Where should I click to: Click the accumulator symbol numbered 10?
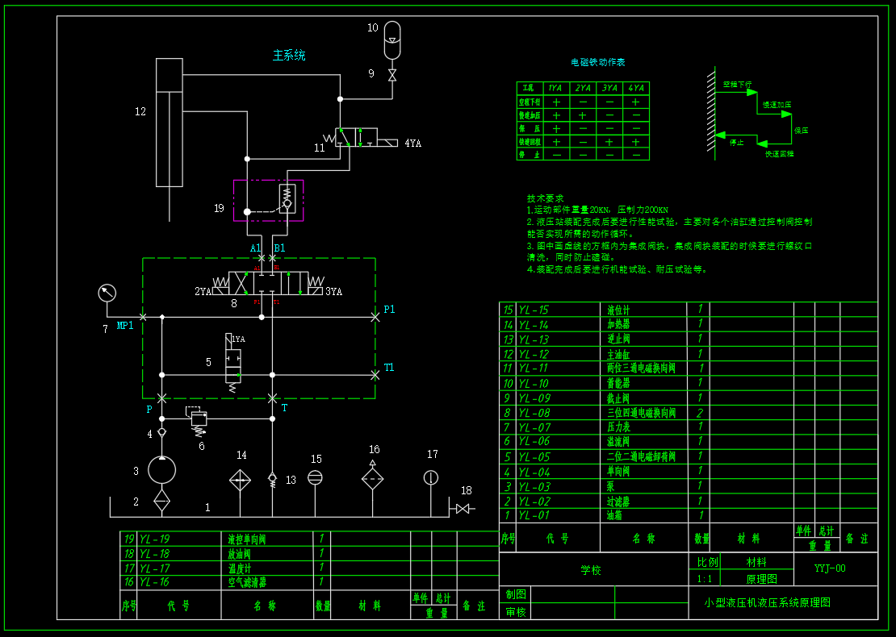click(x=392, y=40)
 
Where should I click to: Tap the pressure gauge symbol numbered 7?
click(x=106, y=293)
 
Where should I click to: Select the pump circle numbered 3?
click(x=161, y=469)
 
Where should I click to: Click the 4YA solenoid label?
click(x=413, y=144)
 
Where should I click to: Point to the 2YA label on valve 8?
click(x=203, y=291)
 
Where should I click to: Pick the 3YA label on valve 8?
click(x=333, y=291)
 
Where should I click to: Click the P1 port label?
click(x=389, y=309)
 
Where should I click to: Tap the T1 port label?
click(x=389, y=368)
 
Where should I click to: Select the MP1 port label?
click(x=125, y=326)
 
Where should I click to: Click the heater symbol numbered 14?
click(x=240, y=480)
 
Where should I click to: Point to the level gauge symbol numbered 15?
click(x=316, y=477)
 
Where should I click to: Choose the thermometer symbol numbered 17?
click(x=431, y=477)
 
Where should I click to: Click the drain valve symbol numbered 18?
click(x=463, y=508)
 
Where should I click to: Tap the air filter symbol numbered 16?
click(x=372, y=479)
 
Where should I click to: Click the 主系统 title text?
click(x=289, y=56)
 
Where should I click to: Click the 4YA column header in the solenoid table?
click(x=636, y=88)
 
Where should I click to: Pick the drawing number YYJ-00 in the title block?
click(x=830, y=568)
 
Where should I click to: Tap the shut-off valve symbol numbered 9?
click(x=392, y=75)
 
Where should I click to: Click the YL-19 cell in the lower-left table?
click(x=154, y=539)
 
